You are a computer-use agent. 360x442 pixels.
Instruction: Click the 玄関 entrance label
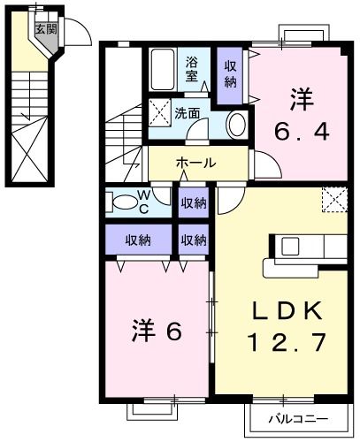44,27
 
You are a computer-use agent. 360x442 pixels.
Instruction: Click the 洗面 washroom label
186,113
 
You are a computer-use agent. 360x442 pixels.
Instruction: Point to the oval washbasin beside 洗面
237,125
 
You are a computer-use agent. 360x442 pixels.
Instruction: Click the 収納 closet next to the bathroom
230,75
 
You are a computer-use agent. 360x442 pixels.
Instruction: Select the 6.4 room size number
302,132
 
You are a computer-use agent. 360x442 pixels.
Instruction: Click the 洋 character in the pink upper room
302,95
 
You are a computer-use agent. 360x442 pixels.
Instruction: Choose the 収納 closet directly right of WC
194,202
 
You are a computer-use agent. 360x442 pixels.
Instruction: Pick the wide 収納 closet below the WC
137,240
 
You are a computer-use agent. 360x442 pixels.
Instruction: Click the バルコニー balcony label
284,418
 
